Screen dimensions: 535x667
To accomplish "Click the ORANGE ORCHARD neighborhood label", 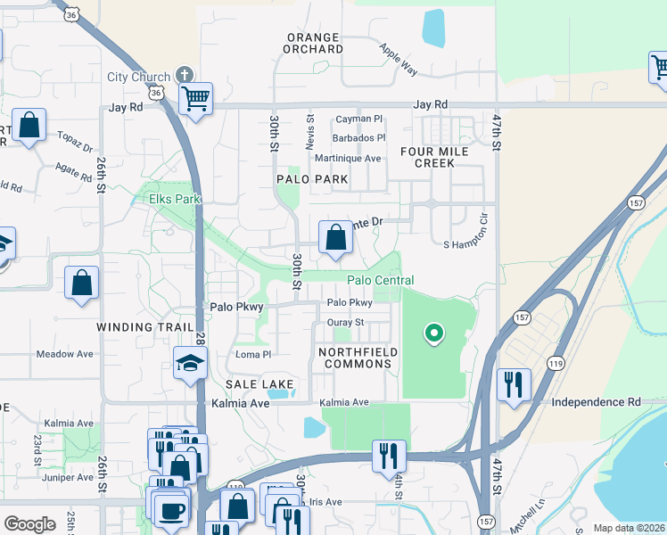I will point(313,43).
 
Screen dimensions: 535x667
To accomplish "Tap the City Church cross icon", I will point(185,76).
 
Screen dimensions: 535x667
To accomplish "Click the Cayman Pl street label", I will point(358,119).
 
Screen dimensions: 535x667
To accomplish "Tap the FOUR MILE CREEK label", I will point(435,157).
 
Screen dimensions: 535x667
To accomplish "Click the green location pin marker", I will point(434,334).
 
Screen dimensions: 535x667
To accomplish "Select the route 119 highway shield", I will point(556,363).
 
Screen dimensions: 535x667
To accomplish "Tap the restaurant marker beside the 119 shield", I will point(514,384).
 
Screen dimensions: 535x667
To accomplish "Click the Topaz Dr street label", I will point(75,144).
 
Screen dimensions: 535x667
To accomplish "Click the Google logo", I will point(29,524).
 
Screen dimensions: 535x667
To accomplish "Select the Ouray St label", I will point(346,322).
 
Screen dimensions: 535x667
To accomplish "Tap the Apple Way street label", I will point(398,59).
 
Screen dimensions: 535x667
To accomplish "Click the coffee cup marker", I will point(170,511).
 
